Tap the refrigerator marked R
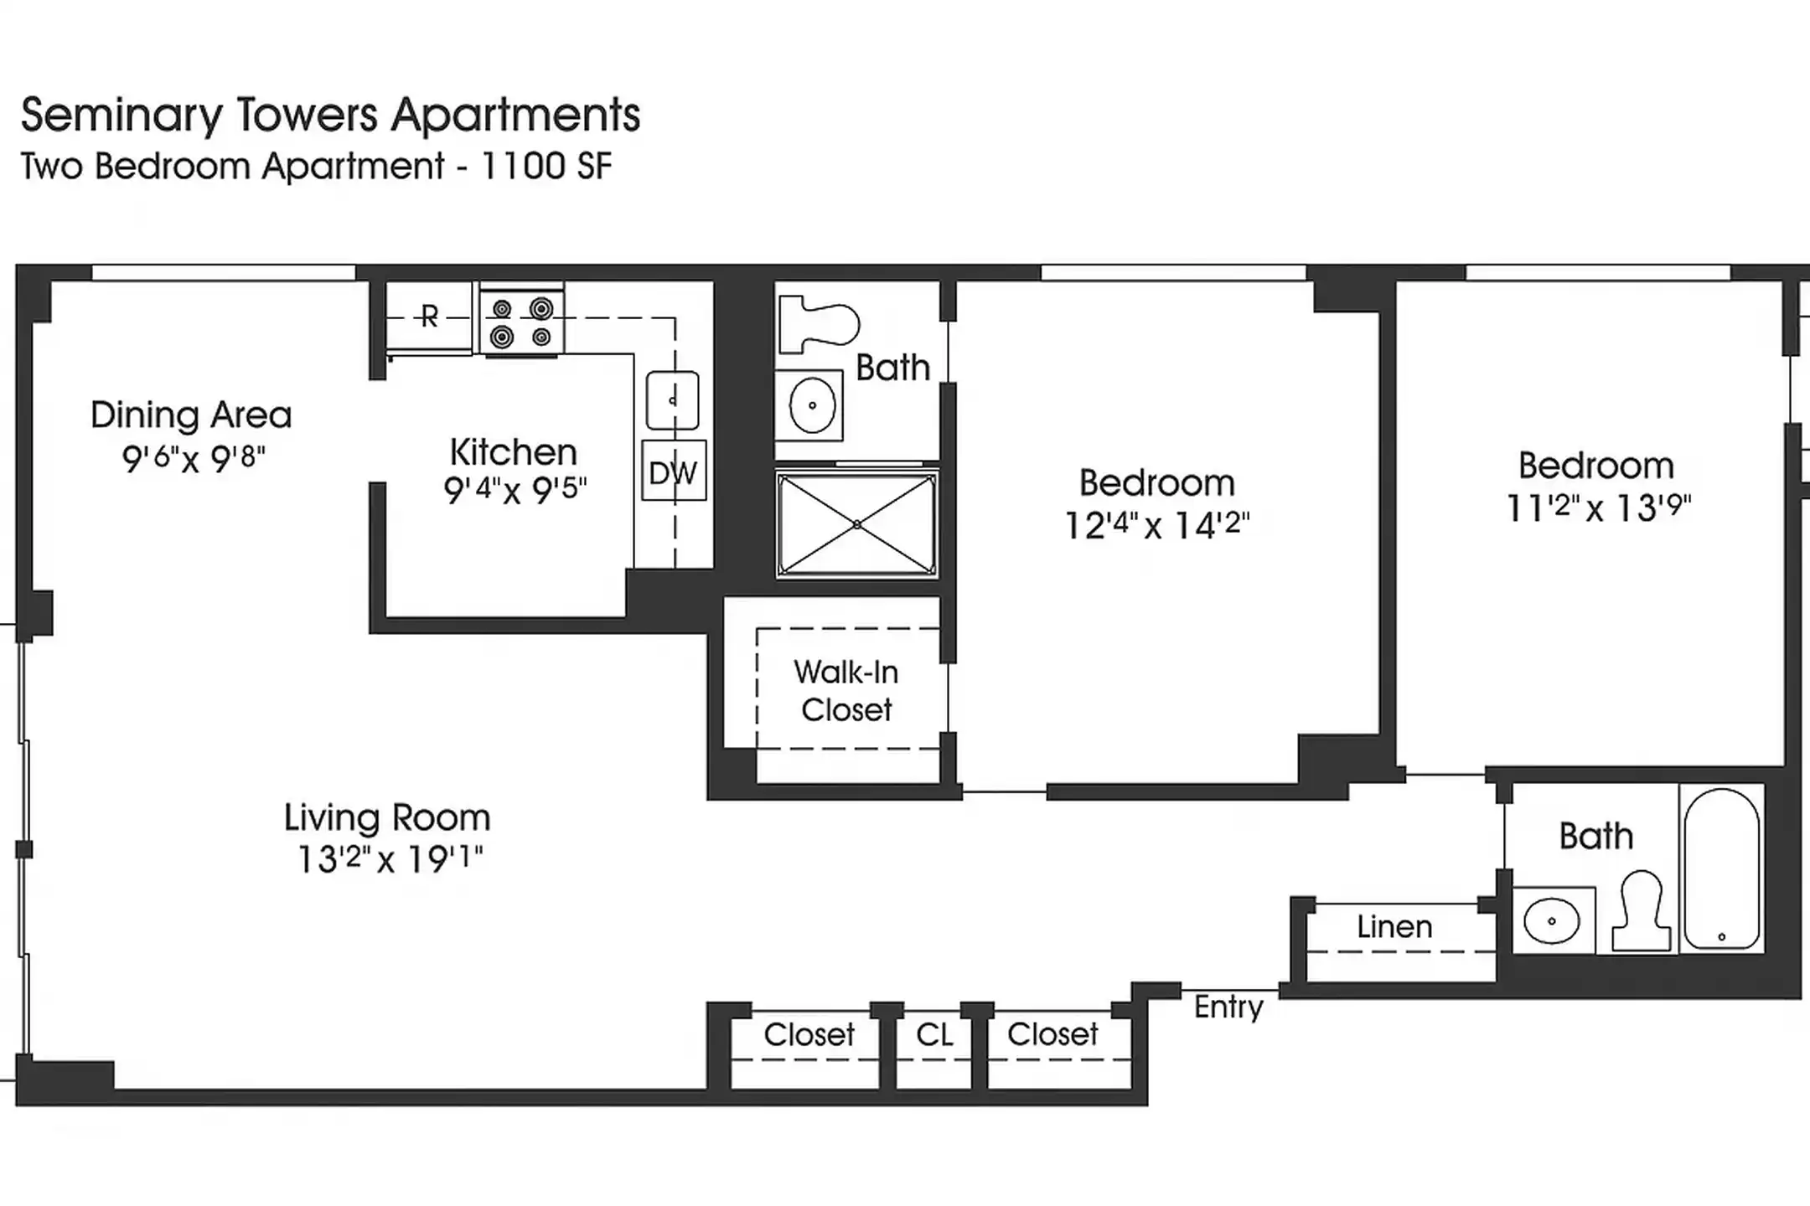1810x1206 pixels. pos(429,317)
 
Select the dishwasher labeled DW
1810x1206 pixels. pos(674,472)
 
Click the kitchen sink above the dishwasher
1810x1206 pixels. pos(672,400)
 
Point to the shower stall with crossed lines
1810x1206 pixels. pos(856,524)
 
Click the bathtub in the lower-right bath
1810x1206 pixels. pos(1721,868)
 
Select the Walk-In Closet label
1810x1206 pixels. pos(846,691)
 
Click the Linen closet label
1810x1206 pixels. pos(1394,927)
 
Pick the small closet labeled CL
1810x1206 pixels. pos(934,1035)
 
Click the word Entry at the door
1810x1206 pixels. pos(1228,1007)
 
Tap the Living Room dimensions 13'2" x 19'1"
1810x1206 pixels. pos(390,859)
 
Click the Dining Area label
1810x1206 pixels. pos(191,415)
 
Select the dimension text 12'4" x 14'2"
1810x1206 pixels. pos(1156,526)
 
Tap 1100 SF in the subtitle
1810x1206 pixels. pos(546,166)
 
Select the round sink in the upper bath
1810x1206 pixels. pos(811,405)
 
